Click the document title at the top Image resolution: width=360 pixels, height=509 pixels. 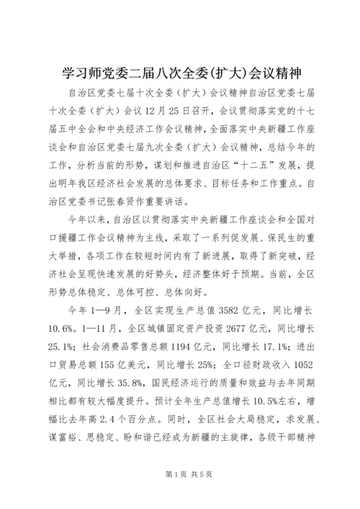(x=180, y=74)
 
